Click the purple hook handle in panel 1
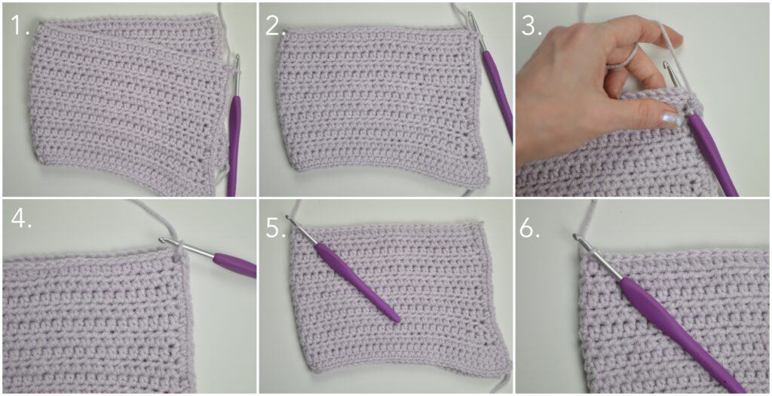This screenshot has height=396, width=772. tap(234, 146)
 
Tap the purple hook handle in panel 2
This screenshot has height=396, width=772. tap(498, 94)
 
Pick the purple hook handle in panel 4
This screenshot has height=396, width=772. tap(235, 263)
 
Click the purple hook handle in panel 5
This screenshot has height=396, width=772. tap(357, 282)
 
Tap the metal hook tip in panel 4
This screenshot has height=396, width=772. tap(162, 240)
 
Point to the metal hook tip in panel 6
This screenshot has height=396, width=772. tap(575, 237)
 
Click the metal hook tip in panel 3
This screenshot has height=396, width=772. tap(666, 65)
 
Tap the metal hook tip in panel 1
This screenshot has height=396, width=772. tap(237, 58)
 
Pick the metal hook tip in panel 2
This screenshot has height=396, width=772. tap(470, 15)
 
